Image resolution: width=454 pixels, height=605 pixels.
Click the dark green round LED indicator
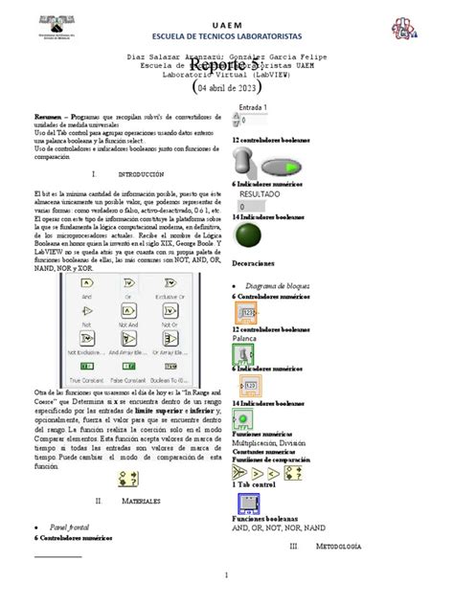250,236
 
